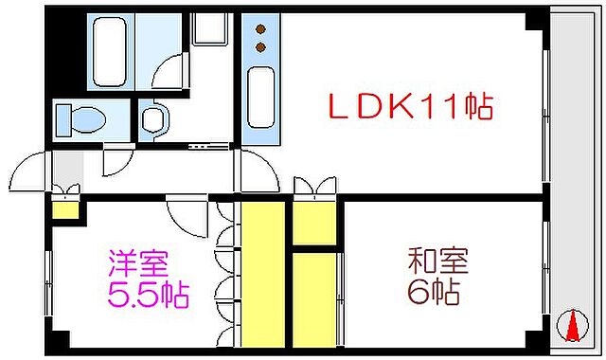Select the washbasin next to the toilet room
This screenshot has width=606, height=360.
pos(152,120)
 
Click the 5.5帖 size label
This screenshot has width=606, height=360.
pos(147,294)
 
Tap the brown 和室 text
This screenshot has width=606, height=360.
pos(437,260)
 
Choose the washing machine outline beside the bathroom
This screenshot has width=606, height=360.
pos(208,28)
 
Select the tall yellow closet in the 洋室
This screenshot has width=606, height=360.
pos(264,274)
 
